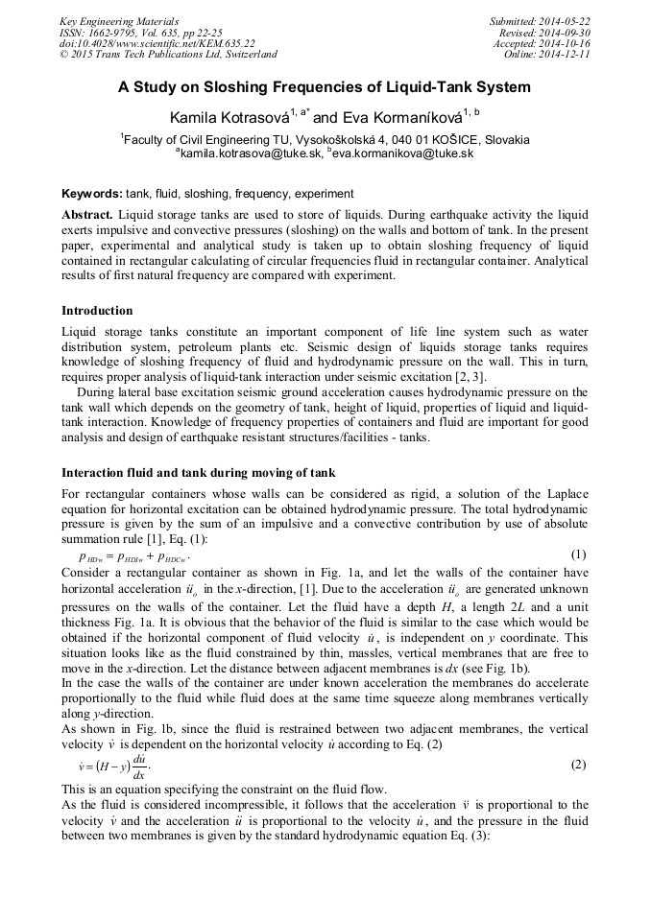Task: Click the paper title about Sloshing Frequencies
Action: coord(325,87)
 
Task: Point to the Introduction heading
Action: coord(97,311)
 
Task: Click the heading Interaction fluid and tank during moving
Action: coord(199,473)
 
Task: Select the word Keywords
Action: coord(89,193)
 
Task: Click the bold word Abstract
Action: coord(87,215)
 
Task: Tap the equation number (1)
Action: coord(578,555)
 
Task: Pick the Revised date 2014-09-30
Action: coord(565,33)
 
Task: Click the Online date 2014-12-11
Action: coord(565,56)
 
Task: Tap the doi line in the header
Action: coord(157,44)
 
